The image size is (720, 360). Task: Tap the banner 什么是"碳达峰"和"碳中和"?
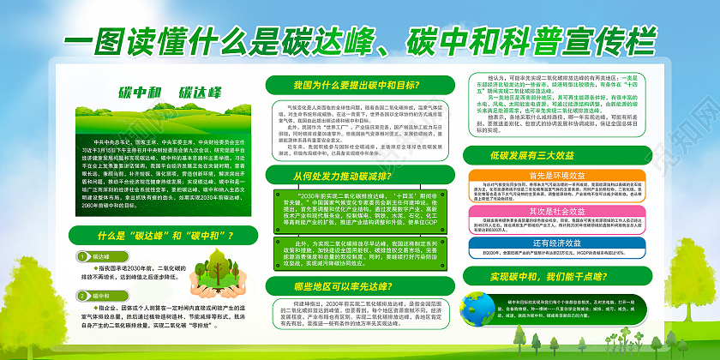coord(165,234)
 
